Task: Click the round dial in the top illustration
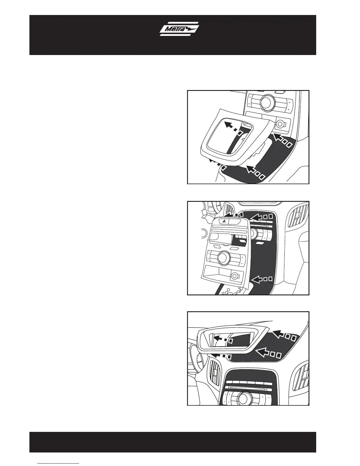click(267, 103)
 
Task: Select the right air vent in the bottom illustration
click(302, 377)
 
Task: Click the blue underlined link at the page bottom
click(58, 463)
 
